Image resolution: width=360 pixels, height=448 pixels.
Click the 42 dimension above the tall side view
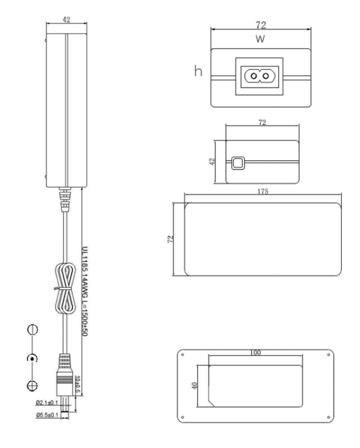pyautogui.click(x=66, y=20)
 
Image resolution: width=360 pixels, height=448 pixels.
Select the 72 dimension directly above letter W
pyautogui.click(x=261, y=25)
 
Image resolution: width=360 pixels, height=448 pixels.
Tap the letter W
pyautogui.click(x=261, y=39)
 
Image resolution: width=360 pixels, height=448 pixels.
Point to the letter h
pyautogui.click(x=198, y=70)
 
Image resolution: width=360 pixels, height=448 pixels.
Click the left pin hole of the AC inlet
pyautogui.click(x=253, y=76)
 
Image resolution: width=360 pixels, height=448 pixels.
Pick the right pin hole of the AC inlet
pyautogui.click(x=266, y=76)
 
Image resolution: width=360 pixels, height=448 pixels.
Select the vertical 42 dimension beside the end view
pyautogui.click(x=212, y=162)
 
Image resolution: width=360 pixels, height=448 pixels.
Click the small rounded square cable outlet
pyautogui.click(x=238, y=163)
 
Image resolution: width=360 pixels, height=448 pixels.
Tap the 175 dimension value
pyautogui.click(x=262, y=191)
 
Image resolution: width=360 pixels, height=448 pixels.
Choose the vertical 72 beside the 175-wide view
pyautogui.click(x=170, y=239)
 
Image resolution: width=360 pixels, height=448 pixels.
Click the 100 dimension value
pyautogui.click(x=255, y=353)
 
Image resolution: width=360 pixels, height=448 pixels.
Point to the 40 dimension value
pyautogui.click(x=194, y=385)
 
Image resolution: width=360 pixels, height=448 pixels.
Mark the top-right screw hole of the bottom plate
pyautogui.click(x=329, y=354)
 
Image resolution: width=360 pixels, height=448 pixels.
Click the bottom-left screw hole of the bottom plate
pyautogui.click(x=183, y=417)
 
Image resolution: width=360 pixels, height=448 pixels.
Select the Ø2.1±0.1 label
pyautogui.click(x=47, y=403)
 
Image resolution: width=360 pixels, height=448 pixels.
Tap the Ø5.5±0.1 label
pyautogui.click(x=47, y=415)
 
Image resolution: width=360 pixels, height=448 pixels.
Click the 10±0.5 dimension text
pyautogui.click(x=77, y=384)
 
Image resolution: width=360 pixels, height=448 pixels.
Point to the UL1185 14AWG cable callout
pyautogui.click(x=85, y=291)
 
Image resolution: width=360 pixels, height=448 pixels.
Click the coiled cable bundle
pyautogui.click(x=65, y=289)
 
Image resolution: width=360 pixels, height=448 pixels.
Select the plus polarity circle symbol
pyautogui.click(x=32, y=386)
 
